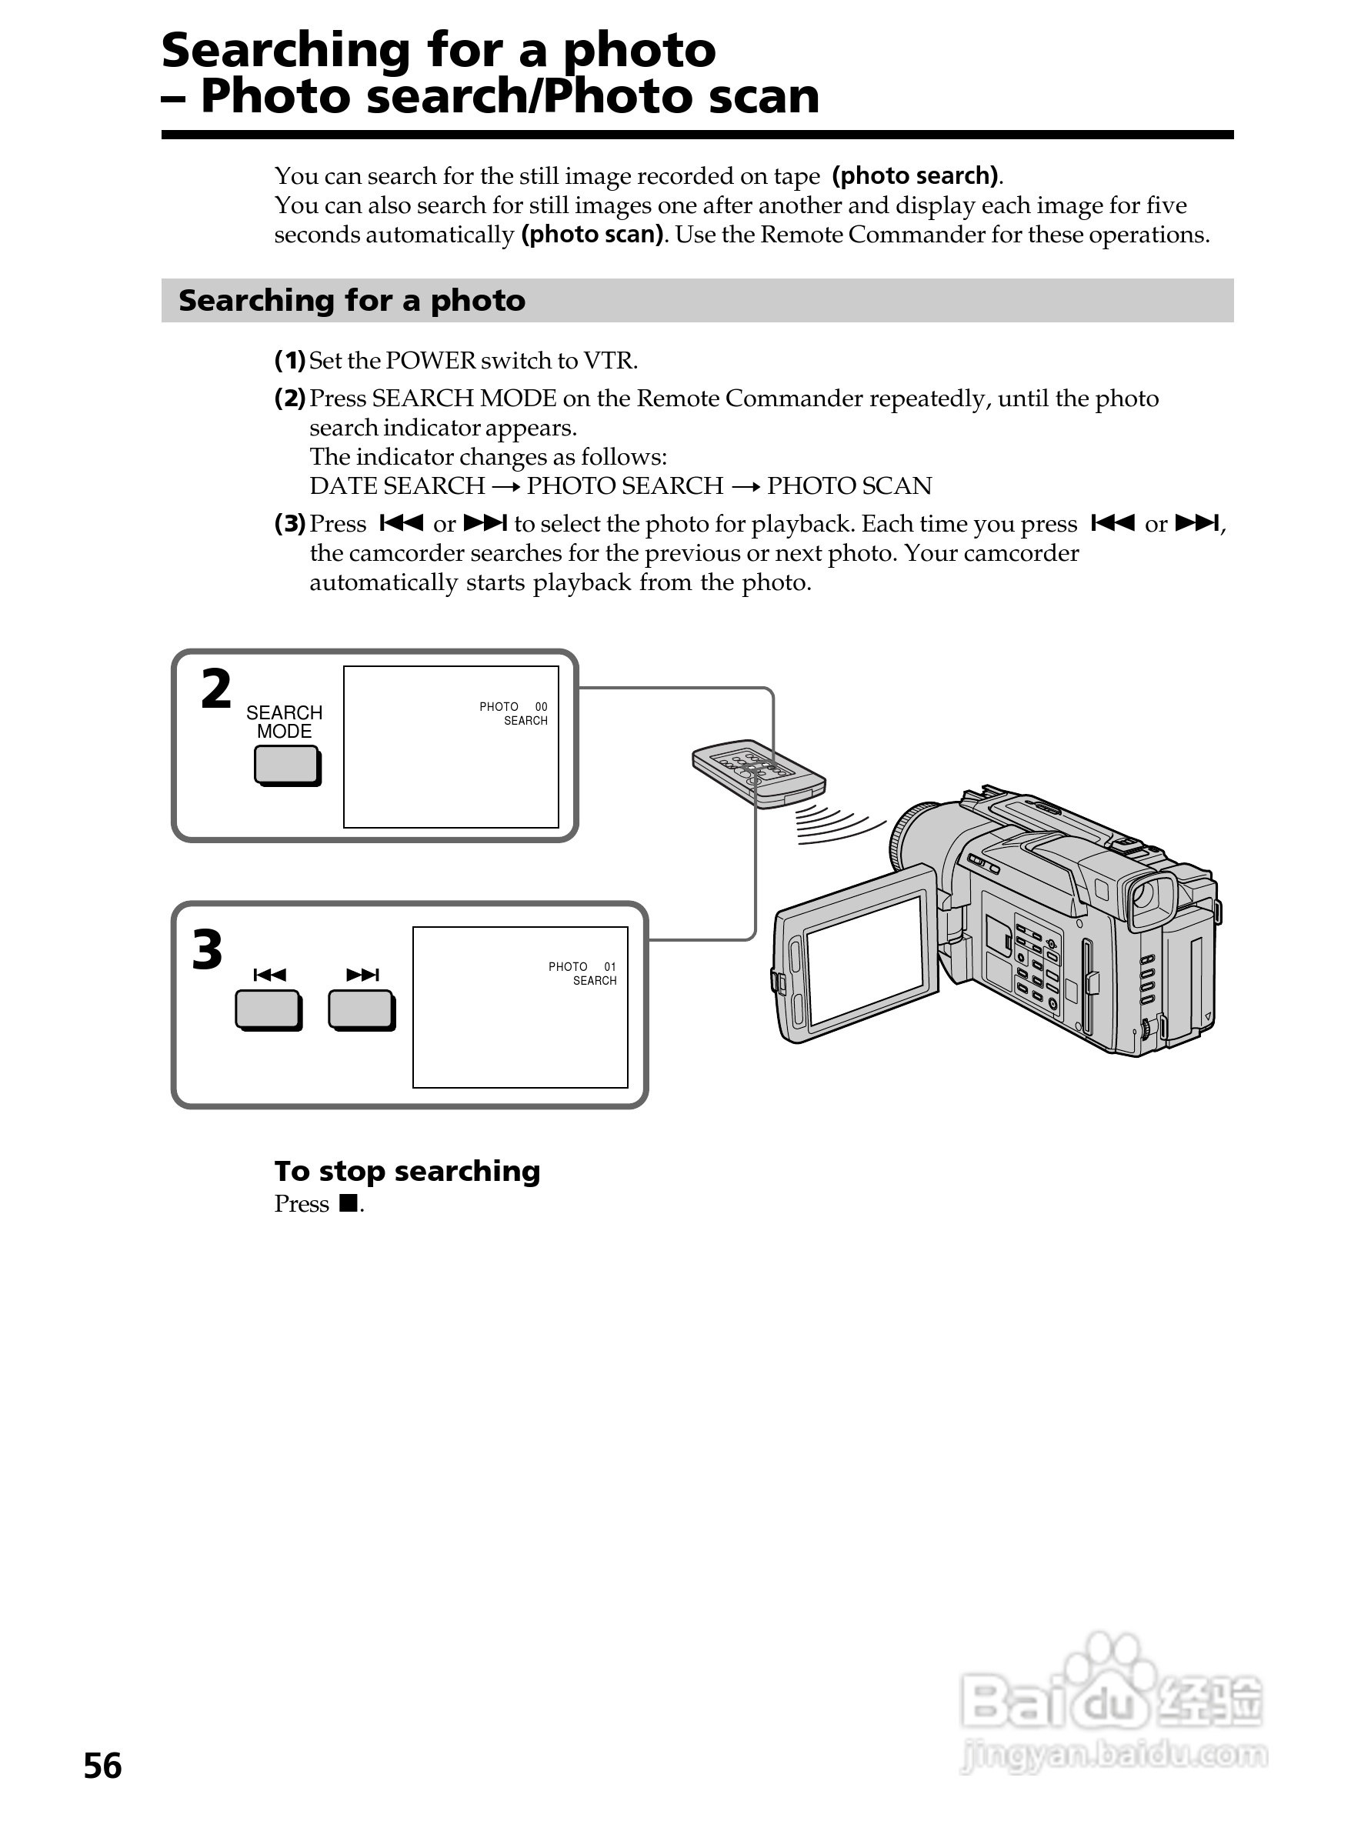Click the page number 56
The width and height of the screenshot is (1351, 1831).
tap(102, 1766)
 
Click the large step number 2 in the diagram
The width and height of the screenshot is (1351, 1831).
tap(216, 689)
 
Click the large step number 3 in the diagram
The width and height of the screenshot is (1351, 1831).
tap(207, 949)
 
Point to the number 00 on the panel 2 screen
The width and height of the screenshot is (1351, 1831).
tap(541, 706)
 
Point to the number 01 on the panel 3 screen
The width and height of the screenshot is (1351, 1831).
tap(610, 966)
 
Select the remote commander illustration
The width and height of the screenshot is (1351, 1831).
tap(758, 774)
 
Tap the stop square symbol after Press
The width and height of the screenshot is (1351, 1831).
tap(349, 1203)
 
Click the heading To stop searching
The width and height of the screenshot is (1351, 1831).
tap(407, 1171)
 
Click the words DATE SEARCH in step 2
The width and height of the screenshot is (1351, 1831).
tap(398, 485)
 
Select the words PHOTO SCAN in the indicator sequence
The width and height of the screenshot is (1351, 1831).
tap(849, 485)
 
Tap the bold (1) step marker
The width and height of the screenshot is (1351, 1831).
tap(289, 360)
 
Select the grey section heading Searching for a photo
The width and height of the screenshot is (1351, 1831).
tap(352, 300)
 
